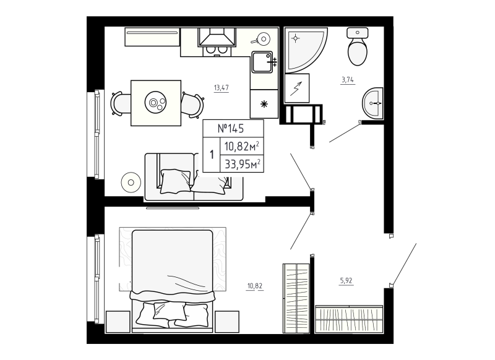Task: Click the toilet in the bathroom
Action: click(x=358, y=48)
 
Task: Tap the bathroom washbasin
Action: click(x=372, y=103)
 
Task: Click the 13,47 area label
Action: click(x=222, y=88)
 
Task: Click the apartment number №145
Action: click(x=232, y=129)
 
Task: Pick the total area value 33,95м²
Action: click(x=242, y=163)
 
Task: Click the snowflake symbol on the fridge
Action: click(x=264, y=103)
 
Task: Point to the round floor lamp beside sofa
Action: click(x=131, y=182)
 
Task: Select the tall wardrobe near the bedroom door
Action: click(x=296, y=299)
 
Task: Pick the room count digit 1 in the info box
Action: click(x=212, y=155)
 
